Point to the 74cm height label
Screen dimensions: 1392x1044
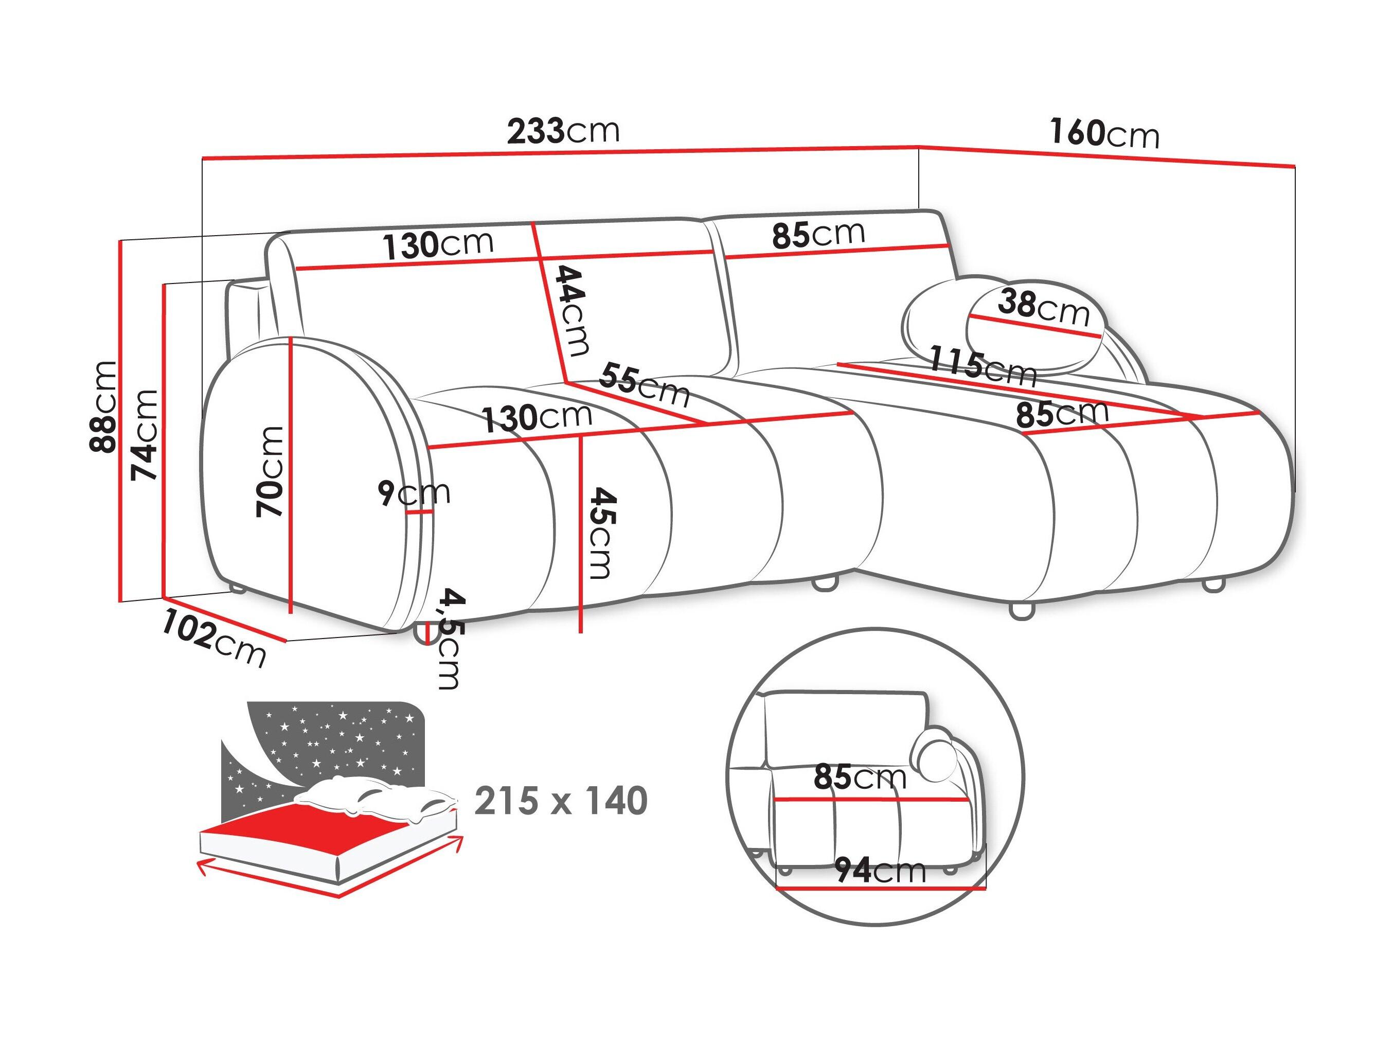point(144,435)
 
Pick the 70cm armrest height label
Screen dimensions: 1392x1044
point(270,472)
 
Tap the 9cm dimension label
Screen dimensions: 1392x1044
point(414,493)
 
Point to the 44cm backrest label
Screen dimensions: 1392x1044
point(573,311)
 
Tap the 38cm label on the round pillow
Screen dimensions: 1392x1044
point(1043,307)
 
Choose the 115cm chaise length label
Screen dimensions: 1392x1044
point(983,365)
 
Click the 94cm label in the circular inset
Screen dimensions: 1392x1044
point(880,870)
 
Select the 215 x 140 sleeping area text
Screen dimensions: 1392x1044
point(561,801)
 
